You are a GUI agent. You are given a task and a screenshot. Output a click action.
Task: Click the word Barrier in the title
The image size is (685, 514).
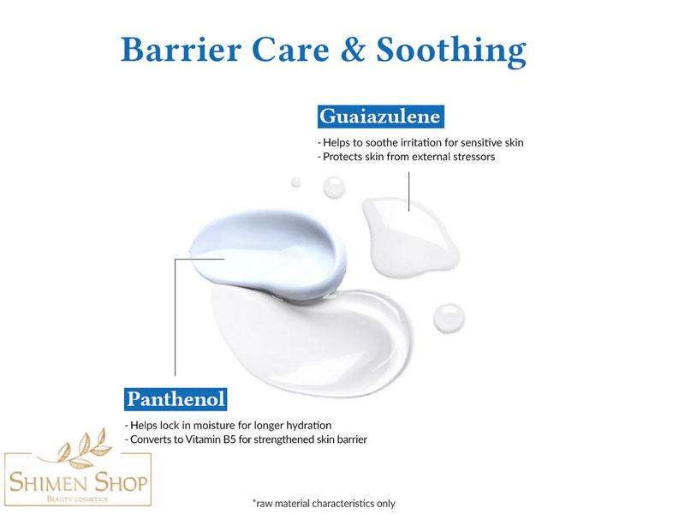pyautogui.click(x=181, y=50)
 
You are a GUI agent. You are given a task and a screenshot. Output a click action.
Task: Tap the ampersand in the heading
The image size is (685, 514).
pyautogui.click(x=353, y=50)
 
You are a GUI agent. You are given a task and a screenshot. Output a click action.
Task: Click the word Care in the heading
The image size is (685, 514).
pyautogui.click(x=290, y=50)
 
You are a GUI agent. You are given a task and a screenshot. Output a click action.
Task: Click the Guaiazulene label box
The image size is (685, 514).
pyautogui.click(x=380, y=117)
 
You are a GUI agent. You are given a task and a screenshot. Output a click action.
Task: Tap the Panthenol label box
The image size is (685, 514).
pyautogui.click(x=176, y=399)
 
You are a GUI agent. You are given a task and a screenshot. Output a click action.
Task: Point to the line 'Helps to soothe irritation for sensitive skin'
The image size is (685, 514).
pyautogui.click(x=420, y=142)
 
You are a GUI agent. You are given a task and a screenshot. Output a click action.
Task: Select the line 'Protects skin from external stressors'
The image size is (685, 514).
pyautogui.click(x=406, y=157)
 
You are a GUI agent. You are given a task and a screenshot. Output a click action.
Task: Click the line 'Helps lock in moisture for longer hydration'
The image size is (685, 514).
pyautogui.click(x=228, y=425)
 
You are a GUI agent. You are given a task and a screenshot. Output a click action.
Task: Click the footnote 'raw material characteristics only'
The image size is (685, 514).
pyautogui.click(x=324, y=504)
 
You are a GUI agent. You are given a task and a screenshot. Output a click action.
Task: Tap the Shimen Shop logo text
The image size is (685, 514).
pyautogui.click(x=78, y=482)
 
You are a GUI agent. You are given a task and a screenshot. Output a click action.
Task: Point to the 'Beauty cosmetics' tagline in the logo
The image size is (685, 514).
pyautogui.click(x=77, y=499)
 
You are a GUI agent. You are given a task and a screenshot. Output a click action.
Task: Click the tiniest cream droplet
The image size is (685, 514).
pyautogui.click(x=295, y=182)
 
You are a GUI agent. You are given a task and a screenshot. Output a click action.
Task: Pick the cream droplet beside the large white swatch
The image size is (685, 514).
pyautogui.click(x=449, y=318)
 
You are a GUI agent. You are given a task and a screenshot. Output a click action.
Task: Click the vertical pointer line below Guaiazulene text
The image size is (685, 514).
pyautogui.click(x=409, y=191)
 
